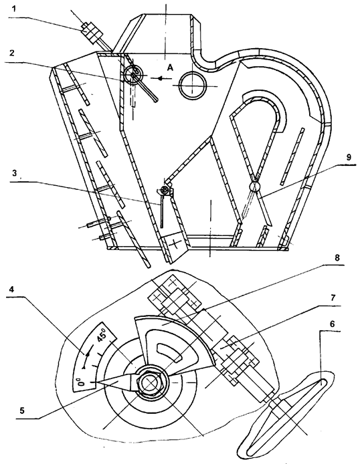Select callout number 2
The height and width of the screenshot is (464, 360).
(12, 53)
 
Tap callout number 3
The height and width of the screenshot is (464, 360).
(14, 174)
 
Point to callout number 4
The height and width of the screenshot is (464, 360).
(11, 289)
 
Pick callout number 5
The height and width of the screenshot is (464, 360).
(21, 411)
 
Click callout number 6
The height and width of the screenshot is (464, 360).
(332, 324)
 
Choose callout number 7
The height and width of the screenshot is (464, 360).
(334, 298)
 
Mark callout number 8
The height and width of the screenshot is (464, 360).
(337, 258)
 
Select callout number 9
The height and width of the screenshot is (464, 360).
(349, 157)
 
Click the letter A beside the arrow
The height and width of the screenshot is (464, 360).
(170, 68)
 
